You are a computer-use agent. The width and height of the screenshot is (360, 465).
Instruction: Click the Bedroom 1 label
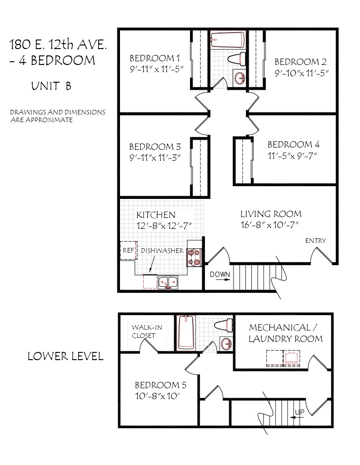[x=155, y=58]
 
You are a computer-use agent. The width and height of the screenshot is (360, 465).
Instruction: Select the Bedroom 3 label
[x=155, y=147]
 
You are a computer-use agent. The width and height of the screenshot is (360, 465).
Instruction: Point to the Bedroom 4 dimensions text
[x=292, y=156]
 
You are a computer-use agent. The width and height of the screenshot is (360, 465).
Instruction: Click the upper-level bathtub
[x=228, y=40]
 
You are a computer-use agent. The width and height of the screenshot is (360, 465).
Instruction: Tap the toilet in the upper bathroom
[x=237, y=59]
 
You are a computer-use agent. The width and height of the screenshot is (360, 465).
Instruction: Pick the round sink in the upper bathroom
[x=240, y=78]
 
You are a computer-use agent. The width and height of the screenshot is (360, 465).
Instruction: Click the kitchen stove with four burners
[x=194, y=257]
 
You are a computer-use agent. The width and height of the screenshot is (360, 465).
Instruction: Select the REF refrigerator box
[x=129, y=251]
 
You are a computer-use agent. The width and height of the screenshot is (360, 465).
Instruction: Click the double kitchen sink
[x=168, y=282]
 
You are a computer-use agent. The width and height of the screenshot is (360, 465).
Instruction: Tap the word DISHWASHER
[x=162, y=251]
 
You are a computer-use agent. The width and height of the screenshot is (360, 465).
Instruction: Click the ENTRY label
[x=315, y=241]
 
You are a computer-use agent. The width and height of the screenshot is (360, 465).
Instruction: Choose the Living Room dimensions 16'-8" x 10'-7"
[x=270, y=225]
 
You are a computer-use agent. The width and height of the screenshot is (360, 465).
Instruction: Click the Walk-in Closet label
[x=147, y=331]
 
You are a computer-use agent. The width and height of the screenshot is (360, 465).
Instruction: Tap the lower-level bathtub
[x=186, y=332]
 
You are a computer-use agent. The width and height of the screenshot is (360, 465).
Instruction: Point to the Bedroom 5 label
[x=160, y=385]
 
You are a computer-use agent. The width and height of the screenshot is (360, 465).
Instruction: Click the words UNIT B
[x=51, y=86]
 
